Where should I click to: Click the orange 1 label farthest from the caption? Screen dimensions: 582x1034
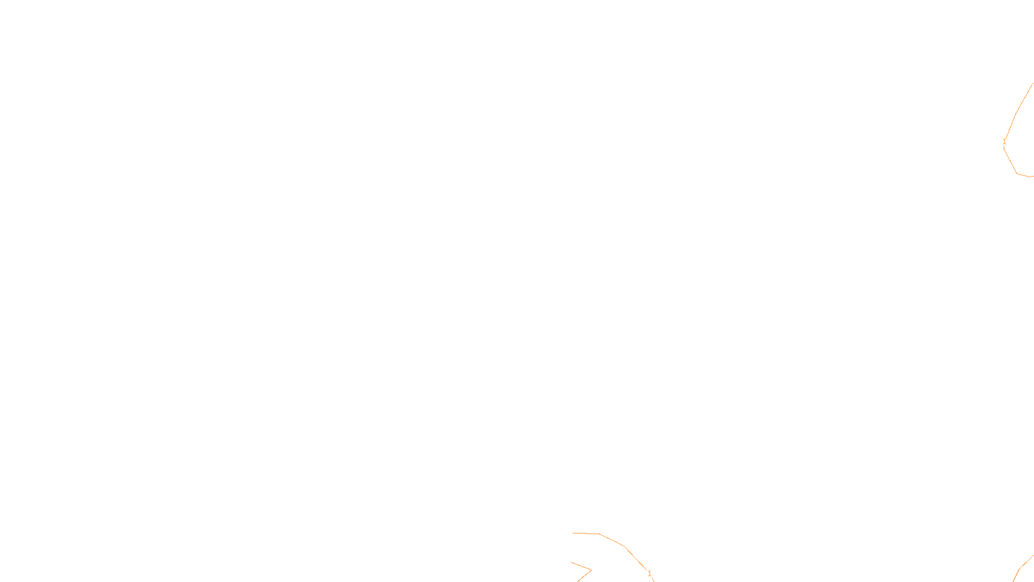1004,142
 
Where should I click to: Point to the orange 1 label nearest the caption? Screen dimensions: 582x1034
649,574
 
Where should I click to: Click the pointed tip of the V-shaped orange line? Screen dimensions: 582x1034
591,570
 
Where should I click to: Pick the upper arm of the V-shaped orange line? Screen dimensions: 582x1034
580,566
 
